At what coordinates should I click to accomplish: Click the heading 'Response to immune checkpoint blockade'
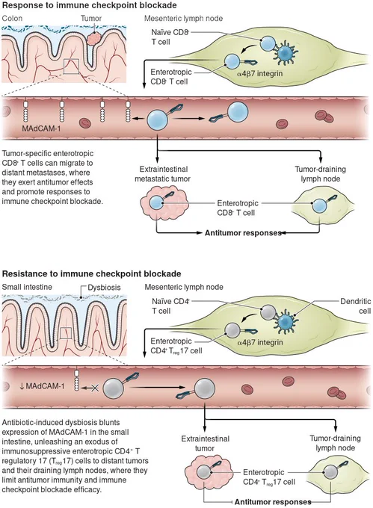[90, 5]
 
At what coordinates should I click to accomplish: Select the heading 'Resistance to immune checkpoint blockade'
[91, 273]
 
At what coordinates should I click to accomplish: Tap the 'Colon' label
[12, 18]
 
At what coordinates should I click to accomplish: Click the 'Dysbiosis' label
[104, 288]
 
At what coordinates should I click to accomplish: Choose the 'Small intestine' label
[27, 287]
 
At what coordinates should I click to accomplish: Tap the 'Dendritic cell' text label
[356, 306]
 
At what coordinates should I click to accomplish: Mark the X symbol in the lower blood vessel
[95, 388]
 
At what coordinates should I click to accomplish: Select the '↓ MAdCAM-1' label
[42, 386]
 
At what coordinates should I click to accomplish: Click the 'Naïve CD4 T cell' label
[170, 306]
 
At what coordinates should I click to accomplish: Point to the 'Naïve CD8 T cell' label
[170, 37]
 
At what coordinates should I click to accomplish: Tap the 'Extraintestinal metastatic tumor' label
[162, 174]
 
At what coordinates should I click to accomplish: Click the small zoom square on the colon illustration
[71, 66]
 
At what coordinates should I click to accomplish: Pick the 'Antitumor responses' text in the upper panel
[243, 233]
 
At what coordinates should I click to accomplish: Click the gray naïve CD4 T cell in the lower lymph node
[268, 313]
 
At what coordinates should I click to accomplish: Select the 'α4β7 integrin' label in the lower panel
[260, 342]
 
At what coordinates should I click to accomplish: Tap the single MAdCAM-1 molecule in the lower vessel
[76, 381]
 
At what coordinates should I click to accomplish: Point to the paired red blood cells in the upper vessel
[323, 115]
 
